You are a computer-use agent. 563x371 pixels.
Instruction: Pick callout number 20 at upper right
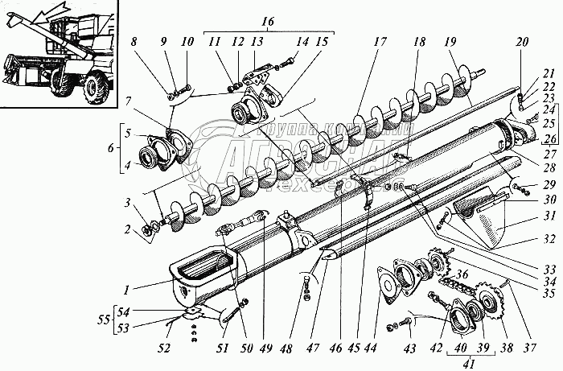click(x=522, y=42)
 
